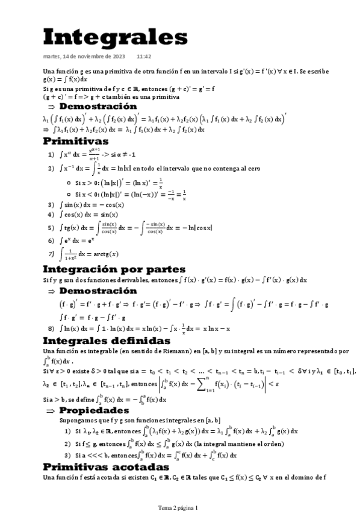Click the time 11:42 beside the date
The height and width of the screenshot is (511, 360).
click(144, 57)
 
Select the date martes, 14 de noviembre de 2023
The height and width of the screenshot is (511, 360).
click(84, 57)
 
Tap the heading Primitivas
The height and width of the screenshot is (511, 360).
click(75, 141)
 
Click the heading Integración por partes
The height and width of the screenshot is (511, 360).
click(114, 269)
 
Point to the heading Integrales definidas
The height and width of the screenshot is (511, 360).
click(106, 341)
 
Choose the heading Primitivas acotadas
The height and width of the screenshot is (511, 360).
click(106, 467)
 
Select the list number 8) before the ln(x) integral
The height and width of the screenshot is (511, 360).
click(52, 328)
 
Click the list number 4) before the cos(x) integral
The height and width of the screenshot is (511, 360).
click(52, 214)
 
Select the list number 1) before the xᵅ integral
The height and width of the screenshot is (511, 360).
click(52, 154)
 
